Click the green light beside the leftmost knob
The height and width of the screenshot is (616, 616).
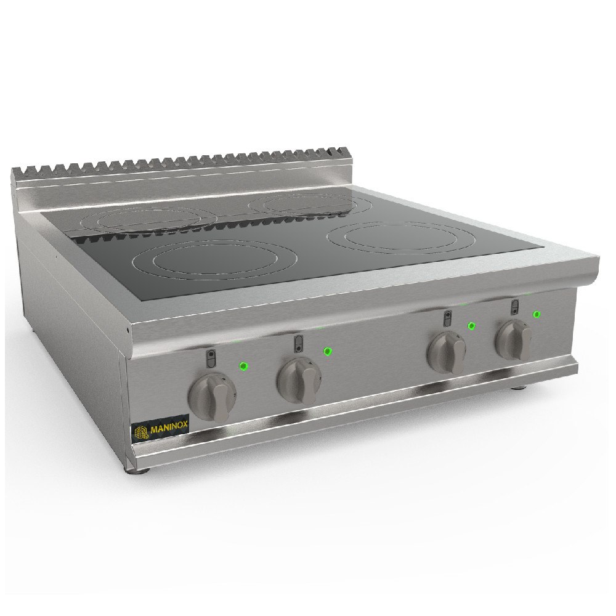(243, 367)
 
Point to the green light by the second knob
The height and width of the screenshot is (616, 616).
(328, 351)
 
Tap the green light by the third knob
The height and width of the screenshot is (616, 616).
(471, 326)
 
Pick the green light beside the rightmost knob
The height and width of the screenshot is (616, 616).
(537, 314)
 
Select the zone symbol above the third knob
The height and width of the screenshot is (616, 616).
(447, 318)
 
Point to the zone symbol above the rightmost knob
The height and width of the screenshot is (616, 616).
(514, 306)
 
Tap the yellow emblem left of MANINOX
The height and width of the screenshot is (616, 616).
(142, 432)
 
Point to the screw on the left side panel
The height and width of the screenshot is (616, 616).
(128, 330)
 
